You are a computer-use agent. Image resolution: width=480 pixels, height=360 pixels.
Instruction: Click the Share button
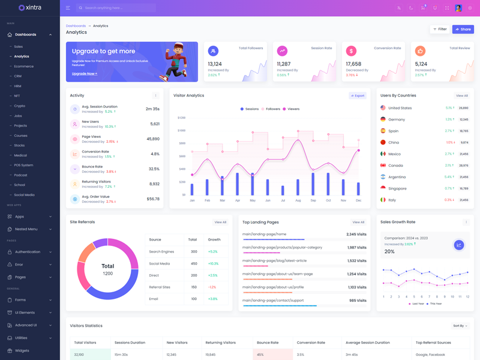463,29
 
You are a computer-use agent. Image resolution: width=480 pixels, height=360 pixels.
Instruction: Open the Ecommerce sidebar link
24,66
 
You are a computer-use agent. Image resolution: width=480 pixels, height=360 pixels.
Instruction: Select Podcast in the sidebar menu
21,175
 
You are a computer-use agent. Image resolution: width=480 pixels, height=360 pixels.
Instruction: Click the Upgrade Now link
84,74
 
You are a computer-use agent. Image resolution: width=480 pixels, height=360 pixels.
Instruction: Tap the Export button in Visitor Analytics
358,95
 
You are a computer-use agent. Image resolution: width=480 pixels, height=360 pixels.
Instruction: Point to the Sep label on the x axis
313,200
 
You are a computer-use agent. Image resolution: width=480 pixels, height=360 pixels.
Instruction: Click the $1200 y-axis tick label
181,118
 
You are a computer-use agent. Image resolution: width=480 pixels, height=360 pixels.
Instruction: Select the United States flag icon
383,108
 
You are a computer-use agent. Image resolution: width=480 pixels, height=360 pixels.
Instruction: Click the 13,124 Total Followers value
215,64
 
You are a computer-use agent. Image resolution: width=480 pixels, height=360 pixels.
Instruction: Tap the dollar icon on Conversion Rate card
351,51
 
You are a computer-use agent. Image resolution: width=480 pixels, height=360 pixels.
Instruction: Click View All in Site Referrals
220,222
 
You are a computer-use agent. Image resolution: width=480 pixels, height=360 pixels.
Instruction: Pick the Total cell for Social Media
194,263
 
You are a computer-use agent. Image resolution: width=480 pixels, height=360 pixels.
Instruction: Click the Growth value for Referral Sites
212,287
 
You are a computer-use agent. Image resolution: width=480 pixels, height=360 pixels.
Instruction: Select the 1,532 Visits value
356,261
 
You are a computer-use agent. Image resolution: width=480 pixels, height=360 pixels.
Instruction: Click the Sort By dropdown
460,326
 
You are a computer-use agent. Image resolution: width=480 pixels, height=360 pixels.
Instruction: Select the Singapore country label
397,188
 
